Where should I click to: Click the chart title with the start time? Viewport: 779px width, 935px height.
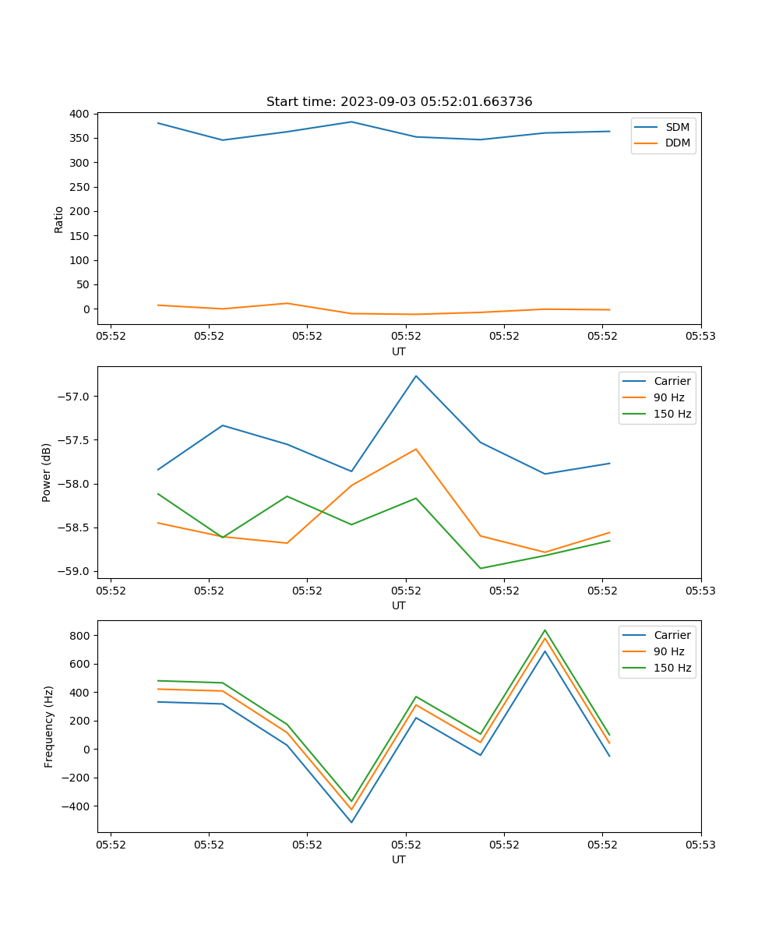pyautogui.click(x=399, y=102)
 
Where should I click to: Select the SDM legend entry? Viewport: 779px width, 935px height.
pyautogui.click(x=677, y=127)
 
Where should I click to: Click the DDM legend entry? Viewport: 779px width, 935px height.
pyautogui.click(x=677, y=143)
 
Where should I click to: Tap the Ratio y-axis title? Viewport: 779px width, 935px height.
pyautogui.click(x=58, y=219)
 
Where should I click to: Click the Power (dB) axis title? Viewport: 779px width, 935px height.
pyautogui.click(x=47, y=472)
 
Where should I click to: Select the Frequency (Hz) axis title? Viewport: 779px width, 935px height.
pyautogui.click(x=48, y=726)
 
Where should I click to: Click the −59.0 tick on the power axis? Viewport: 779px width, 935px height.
pyautogui.click(x=76, y=571)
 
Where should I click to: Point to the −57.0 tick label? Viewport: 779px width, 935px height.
pyautogui.click(x=76, y=397)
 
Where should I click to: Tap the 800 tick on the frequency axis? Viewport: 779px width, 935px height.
pyautogui.click(x=80, y=636)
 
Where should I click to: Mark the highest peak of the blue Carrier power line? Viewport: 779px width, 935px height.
pyautogui.click(x=416, y=376)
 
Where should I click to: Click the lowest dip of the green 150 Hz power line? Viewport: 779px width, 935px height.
pyautogui.click(x=481, y=568)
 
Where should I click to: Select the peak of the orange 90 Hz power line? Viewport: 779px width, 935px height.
pyautogui.click(x=416, y=449)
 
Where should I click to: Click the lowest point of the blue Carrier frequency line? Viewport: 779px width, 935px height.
pyautogui.click(x=351, y=822)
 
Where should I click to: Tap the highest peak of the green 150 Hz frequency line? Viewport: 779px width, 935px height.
pyautogui.click(x=545, y=630)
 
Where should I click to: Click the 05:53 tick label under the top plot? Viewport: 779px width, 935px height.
pyautogui.click(x=700, y=337)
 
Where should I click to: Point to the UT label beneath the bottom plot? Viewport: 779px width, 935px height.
pyautogui.click(x=399, y=859)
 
